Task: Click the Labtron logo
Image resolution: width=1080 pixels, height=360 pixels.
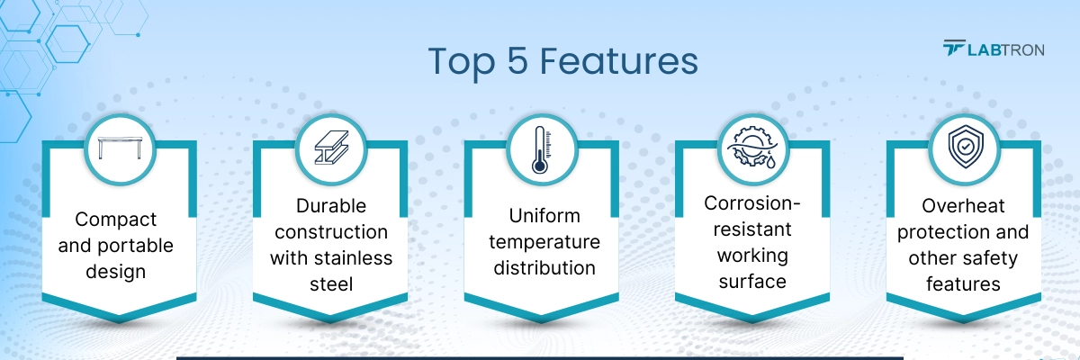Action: tap(994, 49)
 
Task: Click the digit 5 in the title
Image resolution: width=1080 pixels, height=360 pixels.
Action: tap(517, 61)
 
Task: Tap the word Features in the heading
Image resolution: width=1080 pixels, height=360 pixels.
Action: tap(618, 61)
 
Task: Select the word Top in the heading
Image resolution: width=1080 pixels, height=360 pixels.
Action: tap(462, 64)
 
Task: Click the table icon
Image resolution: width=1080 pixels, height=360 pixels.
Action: tap(120, 148)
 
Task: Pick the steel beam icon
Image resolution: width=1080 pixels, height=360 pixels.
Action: tap(331, 148)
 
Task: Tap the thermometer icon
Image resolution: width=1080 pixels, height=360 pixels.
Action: tap(542, 149)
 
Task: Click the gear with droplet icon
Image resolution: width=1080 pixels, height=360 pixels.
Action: tap(752, 148)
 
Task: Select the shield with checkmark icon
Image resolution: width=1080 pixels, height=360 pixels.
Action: tap(965, 147)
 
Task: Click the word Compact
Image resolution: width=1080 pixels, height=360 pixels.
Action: tap(116, 220)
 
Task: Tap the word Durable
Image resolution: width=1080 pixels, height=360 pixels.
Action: tap(331, 206)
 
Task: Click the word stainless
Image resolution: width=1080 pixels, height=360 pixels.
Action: tap(353, 257)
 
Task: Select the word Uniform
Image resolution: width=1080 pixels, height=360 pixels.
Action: tap(544, 216)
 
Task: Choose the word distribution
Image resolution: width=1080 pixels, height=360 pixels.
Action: tap(544, 268)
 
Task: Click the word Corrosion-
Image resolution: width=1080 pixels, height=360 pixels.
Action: tap(752, 202)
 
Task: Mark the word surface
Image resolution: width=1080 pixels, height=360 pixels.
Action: tap(752, 282)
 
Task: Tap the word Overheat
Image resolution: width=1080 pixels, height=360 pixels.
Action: tap(963, 206)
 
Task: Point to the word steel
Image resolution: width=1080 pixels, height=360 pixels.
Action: tap(331, 284)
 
